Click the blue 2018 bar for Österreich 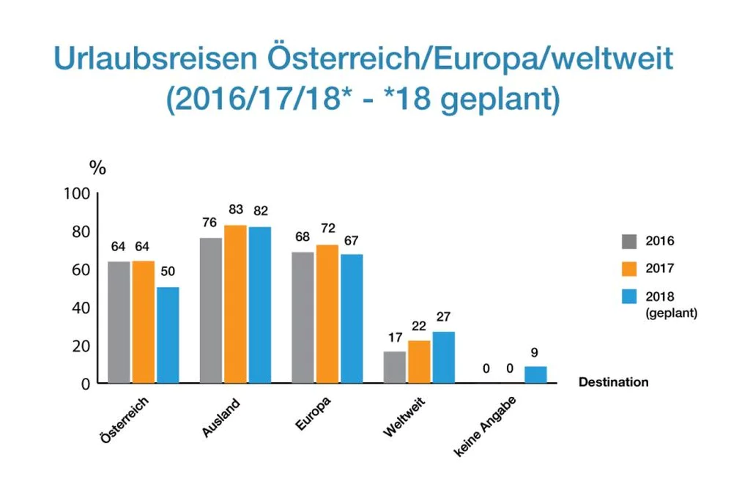click(168, 334)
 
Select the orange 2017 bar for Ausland click(235, 303)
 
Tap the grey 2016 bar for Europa click(303, 316)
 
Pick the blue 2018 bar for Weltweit click(443, 357)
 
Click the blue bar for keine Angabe click(535, 374)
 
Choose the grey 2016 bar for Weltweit click(394, 366)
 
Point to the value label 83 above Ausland click(235, 209)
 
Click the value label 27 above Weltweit click(442, 316)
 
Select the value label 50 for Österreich click(168, 272)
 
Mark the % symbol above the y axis click(97, 168)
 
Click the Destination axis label click(613, 382)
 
